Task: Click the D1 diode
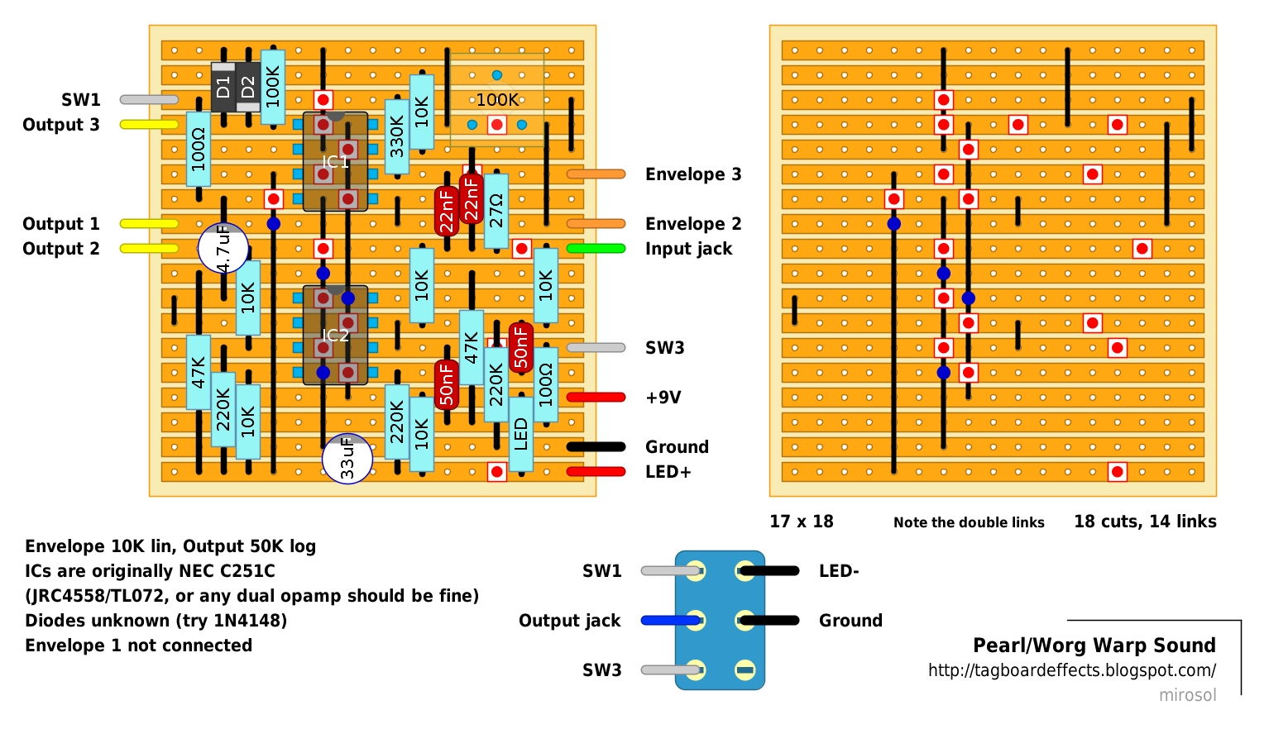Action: click(223, 86)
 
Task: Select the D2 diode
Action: click(248, 86)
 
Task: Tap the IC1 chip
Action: click(335, 162)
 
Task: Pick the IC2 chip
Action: click(335, 335)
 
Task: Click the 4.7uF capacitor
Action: click(223, 248)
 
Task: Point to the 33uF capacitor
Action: click(347, 459)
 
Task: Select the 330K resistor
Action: click(397, 136)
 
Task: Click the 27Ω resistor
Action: click(496, 211)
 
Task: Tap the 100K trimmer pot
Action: click(496, 100)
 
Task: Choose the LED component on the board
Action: click(521, 434)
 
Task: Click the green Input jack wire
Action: click(596, 248)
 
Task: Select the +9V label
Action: click(663, 398)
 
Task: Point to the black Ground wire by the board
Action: click(596, 446)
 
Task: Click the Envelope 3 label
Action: click(693, 174)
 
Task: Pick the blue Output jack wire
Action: click(670, 620)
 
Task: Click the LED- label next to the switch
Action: click(839, 571)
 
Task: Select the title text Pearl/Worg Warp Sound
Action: click(1094, 646)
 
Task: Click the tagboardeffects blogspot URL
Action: click(1071, 670)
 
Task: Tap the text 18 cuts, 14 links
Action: click(1145, 522)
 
